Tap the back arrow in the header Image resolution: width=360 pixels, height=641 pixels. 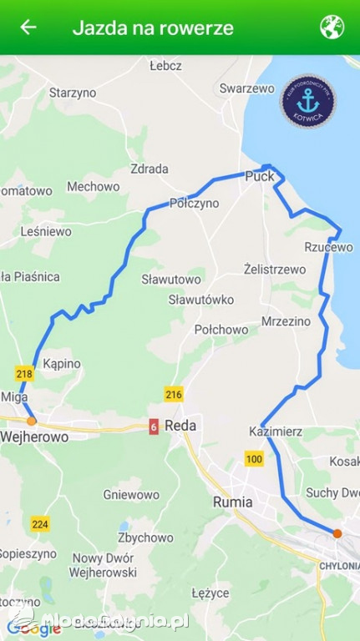pyautogui.click(x=28, y=27)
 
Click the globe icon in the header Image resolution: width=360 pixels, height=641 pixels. pyautogui.click(x=332, y=27)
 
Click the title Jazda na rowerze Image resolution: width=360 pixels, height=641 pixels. pyautogui.click(x=153, y=28)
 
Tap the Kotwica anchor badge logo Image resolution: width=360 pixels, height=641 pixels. pyautogui.click(x=308, y=102)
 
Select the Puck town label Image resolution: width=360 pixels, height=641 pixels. pyautogui.click(x=260, y=176)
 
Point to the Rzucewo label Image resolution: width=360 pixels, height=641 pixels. pyautogui.click(x=329, y=247)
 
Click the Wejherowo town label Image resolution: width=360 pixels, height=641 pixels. pyautogui.click(x=34, y=436)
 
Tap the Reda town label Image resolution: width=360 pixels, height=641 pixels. pyautogui.click(x=180, y=426)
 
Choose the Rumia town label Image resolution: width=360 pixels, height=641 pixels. pyautogui.click(x=233, y=502)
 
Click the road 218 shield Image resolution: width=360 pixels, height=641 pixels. pyautogui.click(x=24, y=374)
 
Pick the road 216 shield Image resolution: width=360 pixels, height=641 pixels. pyautogui.click(x=174, y=394)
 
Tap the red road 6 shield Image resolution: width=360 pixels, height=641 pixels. pyautogui.click(x=154, y=426)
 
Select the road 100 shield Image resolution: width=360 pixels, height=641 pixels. pyautogui.click(x=254, y=458)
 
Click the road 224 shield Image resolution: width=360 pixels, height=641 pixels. pyautogui.click(x=39, y=524)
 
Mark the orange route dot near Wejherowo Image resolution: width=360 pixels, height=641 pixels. pyautogui.click(x=32, y=421)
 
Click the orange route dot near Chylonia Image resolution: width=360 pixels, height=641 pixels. pyautogui.click(x=337, y=533)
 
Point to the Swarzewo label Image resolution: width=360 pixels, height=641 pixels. pyautogui.click(x=246, y=88)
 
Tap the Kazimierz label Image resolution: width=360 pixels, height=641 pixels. pyautogui.click(x=276, y=432)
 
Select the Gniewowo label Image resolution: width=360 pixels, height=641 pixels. pyautogui.click(x=131, y=494)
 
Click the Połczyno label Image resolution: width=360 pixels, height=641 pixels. pyautogui.click(x=194, y=203)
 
